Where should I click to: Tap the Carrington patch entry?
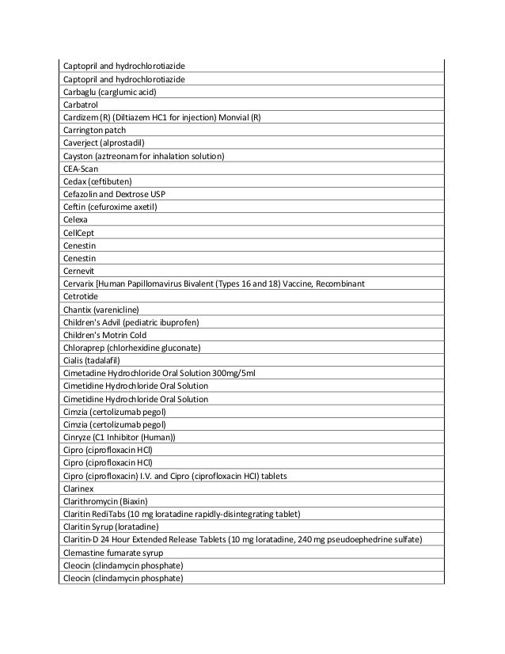click(94, 130)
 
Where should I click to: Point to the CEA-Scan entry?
click(81, 169)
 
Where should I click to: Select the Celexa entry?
click(75, 221)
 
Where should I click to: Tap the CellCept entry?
click(79, 234)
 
